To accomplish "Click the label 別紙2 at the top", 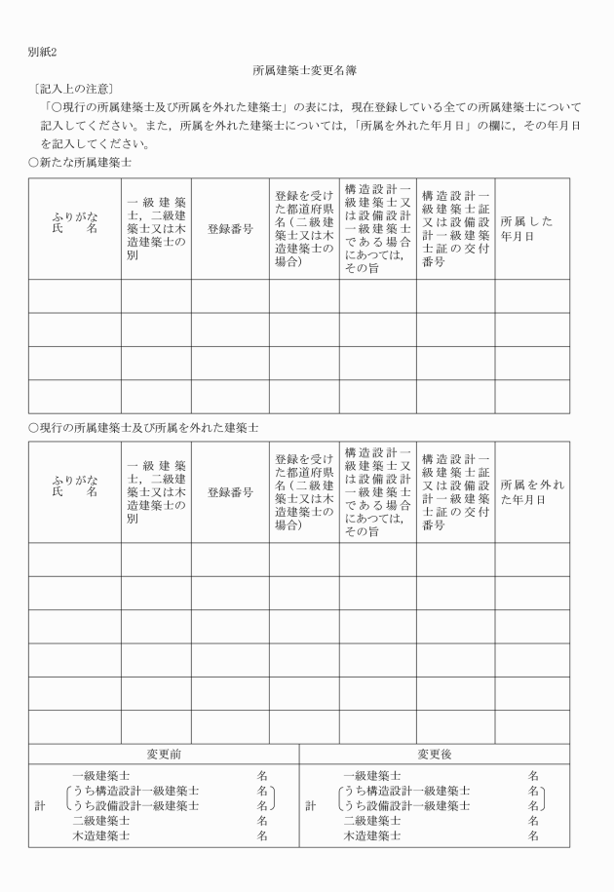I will (42, 51).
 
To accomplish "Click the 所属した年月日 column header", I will (531, 228).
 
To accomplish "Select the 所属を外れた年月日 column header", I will (531, 491).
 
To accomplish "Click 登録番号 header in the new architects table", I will (230, 228).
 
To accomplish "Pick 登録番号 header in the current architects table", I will (230, 491).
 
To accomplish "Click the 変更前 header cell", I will (164, 753).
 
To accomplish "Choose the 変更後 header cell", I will (435, 753).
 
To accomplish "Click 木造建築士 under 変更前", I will (100, 835).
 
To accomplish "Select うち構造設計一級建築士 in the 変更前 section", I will (136, 791).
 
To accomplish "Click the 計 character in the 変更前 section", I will (38, 805).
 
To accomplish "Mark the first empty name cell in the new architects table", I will (75, 296).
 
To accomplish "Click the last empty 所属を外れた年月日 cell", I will (531, 726).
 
